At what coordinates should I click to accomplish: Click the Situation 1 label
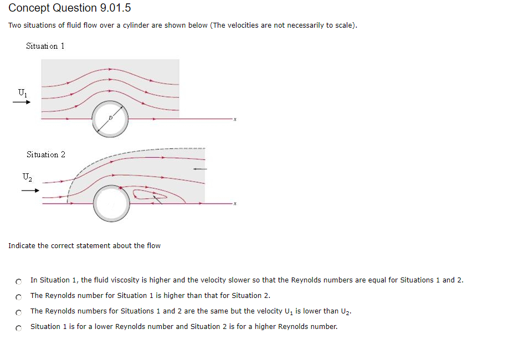[45, 46]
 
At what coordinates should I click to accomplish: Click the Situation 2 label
[45, 155]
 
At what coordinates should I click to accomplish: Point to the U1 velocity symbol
[22, 92]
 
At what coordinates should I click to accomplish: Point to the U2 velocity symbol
[27, 178]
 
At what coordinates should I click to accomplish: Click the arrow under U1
[22, 101]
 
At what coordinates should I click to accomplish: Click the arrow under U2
[30, 191]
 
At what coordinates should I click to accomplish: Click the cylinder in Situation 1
[110, 119]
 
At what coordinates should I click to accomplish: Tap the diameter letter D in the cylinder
[110, 118]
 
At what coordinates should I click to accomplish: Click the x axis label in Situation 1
[235, 119]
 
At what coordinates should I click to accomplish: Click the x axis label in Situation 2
[235, 204]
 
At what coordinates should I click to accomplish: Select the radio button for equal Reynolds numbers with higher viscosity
[19, 281]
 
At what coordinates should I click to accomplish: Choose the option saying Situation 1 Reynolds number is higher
[19, 296]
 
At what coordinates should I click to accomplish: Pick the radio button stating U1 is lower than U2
[19, 312]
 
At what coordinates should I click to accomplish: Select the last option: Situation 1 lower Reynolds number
[19, 327]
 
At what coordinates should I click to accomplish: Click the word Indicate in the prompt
[22, 246]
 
